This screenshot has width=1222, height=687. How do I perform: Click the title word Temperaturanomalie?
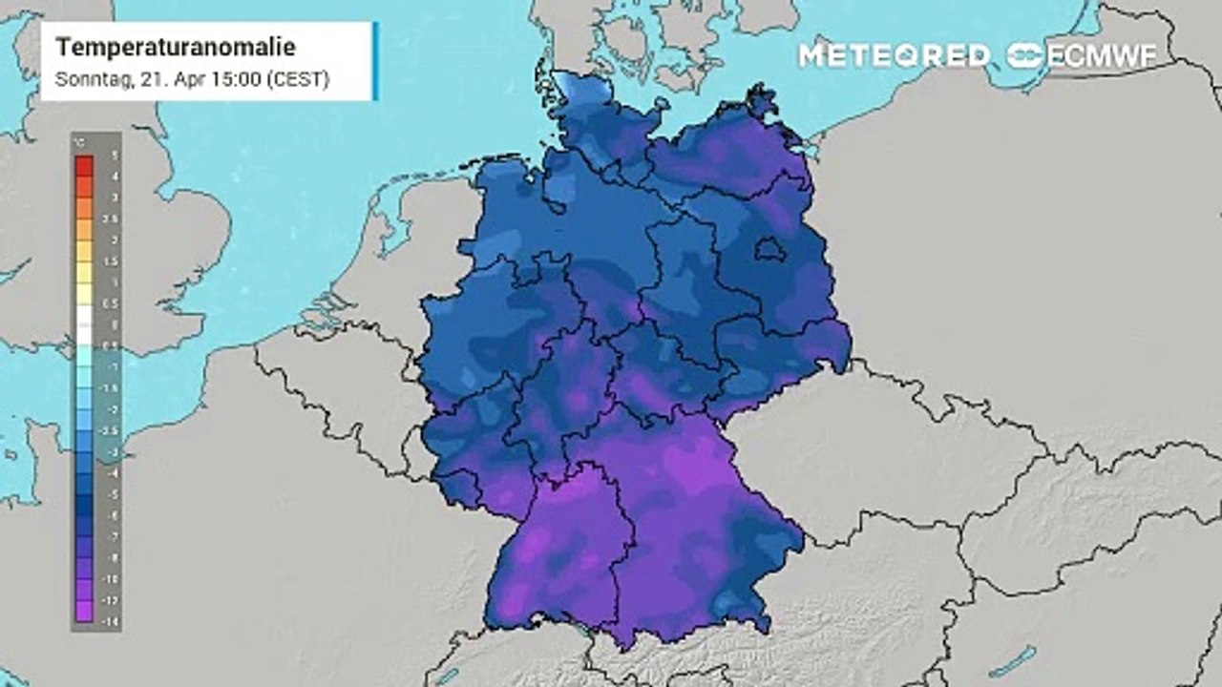pyautogui.click(x=176, y=48)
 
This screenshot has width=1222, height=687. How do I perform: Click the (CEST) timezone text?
pyautogui.click(x=298, y=79)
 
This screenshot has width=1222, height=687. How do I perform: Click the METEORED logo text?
pyautogui.click(x=894, y=55)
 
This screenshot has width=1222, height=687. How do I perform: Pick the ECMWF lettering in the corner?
pyautogui.click(x=1103, y=55)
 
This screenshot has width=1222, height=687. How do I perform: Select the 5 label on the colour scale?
pyautogui.click(x=115, y=155)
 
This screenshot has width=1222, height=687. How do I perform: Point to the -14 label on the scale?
pyautogui.click(x=113, y=620)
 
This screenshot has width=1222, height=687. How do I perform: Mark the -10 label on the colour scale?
pyautogui.click(x=113, y=578)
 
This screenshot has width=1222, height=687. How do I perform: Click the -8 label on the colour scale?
pyautogui.click(x=114, y=556)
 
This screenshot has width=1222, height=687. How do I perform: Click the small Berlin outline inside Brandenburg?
pyautogui.click(x=771, y=251)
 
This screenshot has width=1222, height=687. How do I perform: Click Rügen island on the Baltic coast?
pyautogui.click(x=761, y=99)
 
